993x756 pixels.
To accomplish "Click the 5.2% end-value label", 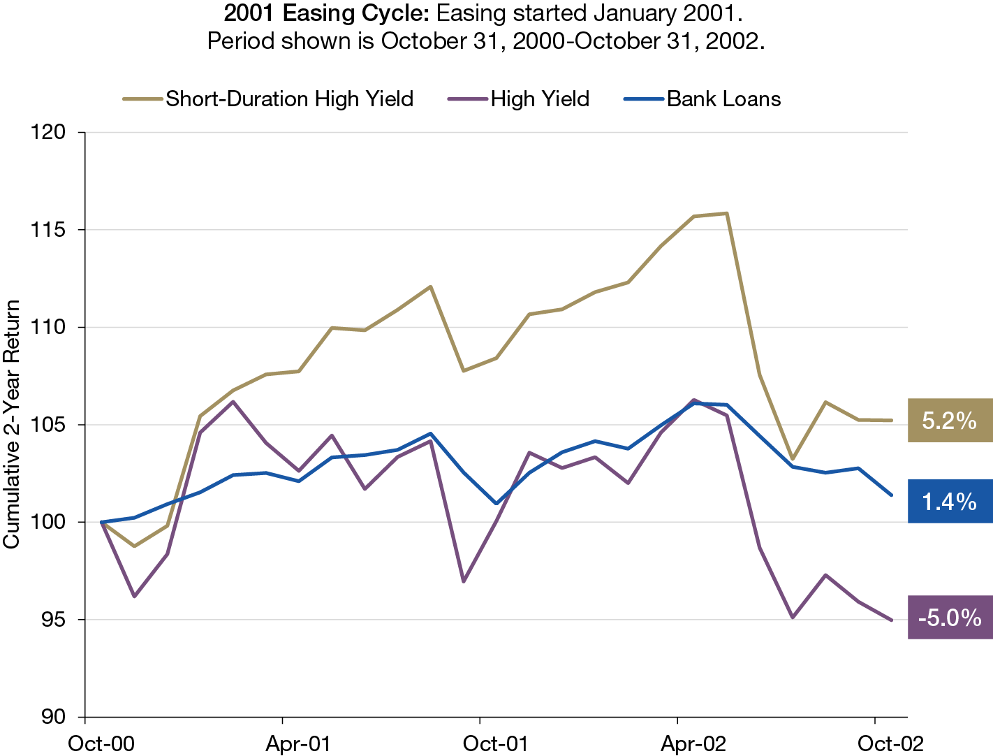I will (x=950, y=421).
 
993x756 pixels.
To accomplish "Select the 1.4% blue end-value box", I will (x=950, y=502).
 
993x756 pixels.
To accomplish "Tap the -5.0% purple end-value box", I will (x=950, y=618).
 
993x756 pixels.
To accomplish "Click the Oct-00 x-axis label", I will (x=101, y=743).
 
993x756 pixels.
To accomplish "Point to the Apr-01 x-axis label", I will (x=298, y=743).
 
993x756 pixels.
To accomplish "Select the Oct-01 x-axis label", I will (x=495, y=743).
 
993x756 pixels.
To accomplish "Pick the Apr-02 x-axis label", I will (x=693, y=743).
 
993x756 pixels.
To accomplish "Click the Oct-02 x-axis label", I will (x=890, y=743).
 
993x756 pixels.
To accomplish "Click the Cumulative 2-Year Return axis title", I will (x=12, y=424).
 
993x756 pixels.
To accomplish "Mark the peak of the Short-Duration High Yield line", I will (x=727, y=213).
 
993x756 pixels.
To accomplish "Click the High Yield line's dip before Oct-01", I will (x=464, y=581).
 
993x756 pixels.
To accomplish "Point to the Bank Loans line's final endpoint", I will (x=891, y=495).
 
